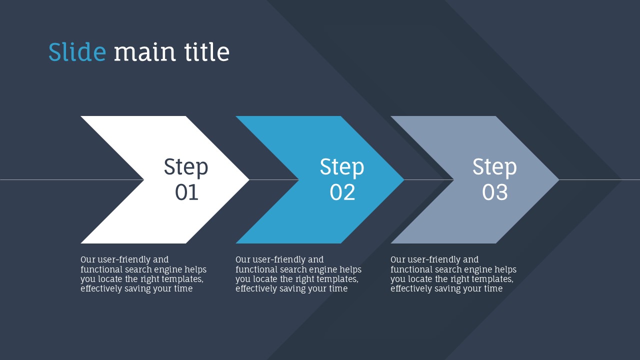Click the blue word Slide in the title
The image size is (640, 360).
(x=77, y=51)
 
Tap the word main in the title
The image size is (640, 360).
(x=144, y=51)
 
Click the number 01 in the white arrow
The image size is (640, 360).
(x=186, y=192)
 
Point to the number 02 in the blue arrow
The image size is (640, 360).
(x=342, y=192)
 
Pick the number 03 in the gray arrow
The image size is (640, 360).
(x=495, y=192)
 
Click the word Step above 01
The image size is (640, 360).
(x=185, y=167)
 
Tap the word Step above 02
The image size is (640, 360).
(x=341, y=167)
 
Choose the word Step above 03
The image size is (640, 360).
(x=494, y=167)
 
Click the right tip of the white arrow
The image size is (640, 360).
(x=249, y=179)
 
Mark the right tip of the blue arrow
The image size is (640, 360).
(x=404, y=179)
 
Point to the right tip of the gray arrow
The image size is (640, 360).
(x=559, y=179)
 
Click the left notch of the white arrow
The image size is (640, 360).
(x=143, y=179)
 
